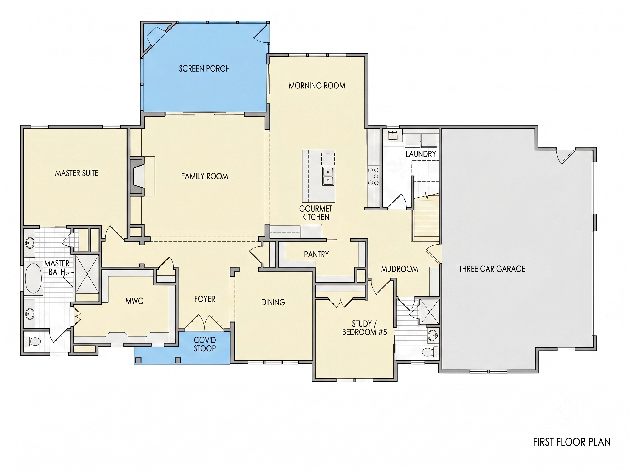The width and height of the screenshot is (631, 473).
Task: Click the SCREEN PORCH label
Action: coord(204,69)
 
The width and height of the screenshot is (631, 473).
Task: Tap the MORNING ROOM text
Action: coord(317,86)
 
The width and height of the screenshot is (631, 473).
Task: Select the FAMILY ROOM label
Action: coord(205,177)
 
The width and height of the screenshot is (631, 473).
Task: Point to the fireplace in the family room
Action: coord(137,176)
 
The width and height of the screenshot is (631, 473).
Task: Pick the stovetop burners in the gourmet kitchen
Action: coord(373,176)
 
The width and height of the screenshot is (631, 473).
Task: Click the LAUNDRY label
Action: coord(421,154)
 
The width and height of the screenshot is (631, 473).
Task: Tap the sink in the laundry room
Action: coord(393,135)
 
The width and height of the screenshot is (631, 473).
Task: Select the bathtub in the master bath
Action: coord(33,278)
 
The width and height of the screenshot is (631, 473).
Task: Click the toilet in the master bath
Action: coord(32,341)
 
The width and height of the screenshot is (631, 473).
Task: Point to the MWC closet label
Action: coord(134,301)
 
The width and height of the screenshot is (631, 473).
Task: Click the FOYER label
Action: coord(205,299)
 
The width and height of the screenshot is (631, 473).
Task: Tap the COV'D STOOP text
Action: coord(205,344)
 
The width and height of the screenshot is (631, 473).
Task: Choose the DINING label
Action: coord(273,302)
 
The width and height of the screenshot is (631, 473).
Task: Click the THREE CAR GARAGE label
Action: coord(492,269)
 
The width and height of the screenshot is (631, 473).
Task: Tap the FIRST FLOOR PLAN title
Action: coord(572,442)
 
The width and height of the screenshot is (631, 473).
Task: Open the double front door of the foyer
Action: coord(204,323)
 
